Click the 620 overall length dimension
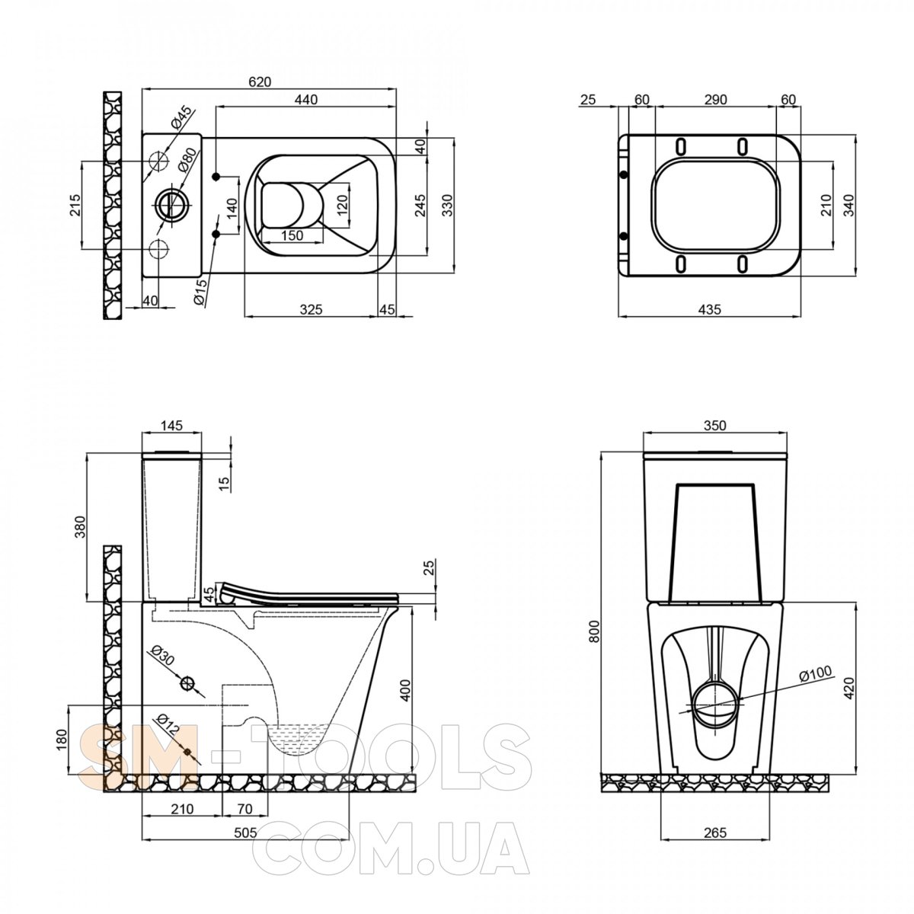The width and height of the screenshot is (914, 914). click(260, 81)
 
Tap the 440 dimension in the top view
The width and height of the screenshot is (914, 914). click(306, 100)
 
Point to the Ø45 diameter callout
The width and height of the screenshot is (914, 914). click(182, 118)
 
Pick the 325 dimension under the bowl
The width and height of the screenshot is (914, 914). click(312, 309)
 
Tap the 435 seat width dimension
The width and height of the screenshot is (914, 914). click(710, 309)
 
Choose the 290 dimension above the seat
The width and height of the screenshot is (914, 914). click(716, 100)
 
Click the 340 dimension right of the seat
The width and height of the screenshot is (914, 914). click(848, 205)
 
